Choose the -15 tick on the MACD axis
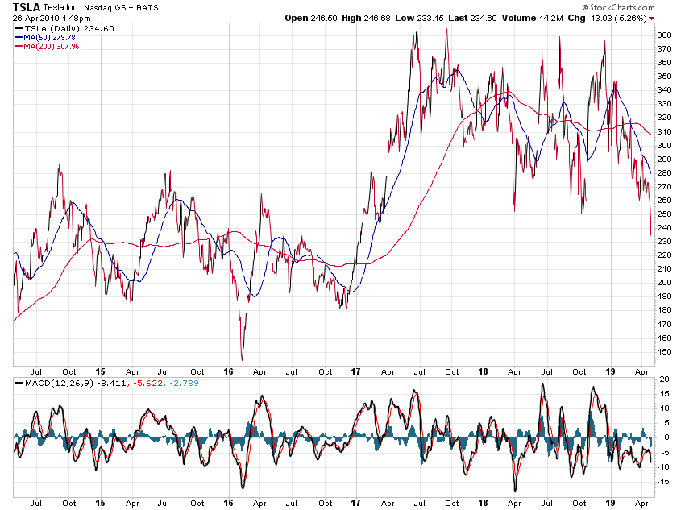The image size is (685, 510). click(x=664, y=482)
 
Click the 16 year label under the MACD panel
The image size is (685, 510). click(x=228, y=504)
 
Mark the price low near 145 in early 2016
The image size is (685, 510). click(x=242, y=359)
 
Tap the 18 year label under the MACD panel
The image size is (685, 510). click(x=482, y=504)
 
